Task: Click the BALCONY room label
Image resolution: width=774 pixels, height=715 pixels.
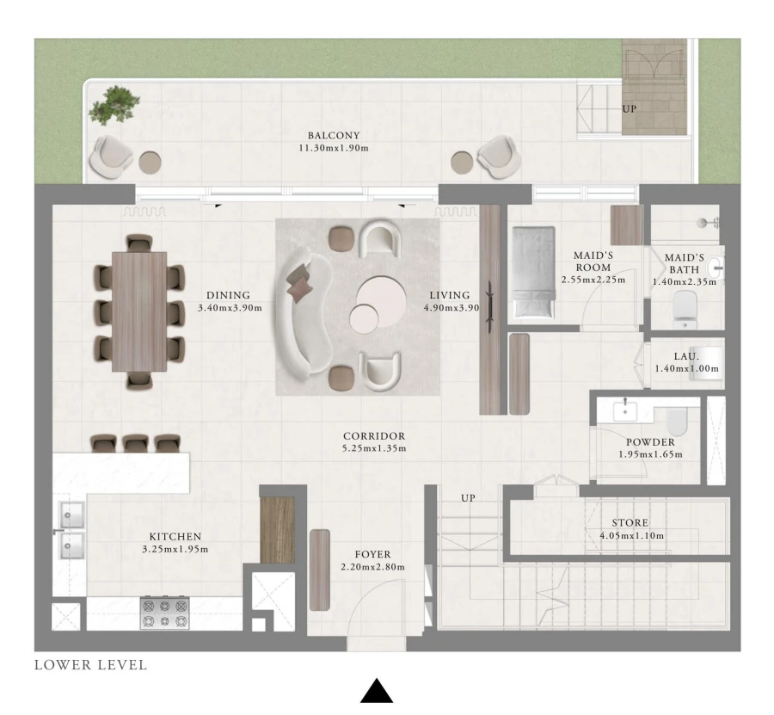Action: point(334,135)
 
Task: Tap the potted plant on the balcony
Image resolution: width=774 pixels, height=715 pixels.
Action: point(113,106)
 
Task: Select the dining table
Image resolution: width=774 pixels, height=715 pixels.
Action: point(139,311)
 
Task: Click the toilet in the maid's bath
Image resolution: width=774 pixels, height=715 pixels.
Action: point(685,309)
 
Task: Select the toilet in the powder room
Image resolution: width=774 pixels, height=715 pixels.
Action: point(677,421)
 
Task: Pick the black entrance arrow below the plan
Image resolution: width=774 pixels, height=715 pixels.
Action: point(376,691)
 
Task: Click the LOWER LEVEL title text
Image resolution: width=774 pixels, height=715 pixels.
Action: point(90,665)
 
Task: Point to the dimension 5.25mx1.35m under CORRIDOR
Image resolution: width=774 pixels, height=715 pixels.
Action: point(373,448)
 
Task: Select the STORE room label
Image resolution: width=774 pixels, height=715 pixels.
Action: point(630,523)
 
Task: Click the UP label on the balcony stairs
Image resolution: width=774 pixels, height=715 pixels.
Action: point(630,109)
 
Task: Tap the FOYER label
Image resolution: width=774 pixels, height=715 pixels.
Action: point(373,555)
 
